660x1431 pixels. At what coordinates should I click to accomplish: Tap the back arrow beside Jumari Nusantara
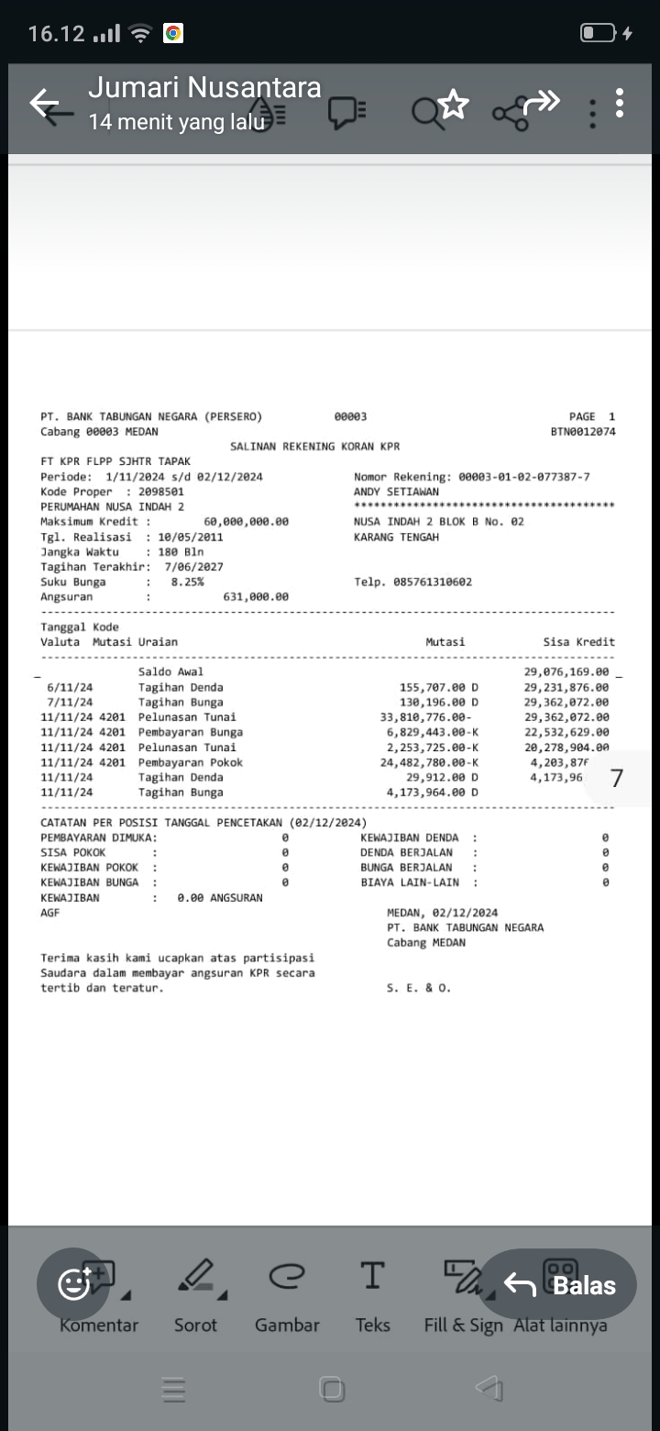[44, 103]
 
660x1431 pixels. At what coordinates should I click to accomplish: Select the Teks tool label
[372, 1325]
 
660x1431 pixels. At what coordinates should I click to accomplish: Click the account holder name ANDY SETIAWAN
[396, 492]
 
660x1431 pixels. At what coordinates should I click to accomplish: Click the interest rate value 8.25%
[187, 582]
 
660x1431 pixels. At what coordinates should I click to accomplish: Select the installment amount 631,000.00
[256, 596]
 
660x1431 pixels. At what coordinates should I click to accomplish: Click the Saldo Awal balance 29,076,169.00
[566, 671]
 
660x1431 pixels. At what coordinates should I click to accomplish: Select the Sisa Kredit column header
[578, 642]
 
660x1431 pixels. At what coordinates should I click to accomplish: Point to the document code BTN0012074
[583, 431]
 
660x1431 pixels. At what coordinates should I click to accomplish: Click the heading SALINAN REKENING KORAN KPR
[314, 447]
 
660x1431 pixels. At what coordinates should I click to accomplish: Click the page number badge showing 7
[617, 778]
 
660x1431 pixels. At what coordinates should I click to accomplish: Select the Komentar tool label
[99, 1325]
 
